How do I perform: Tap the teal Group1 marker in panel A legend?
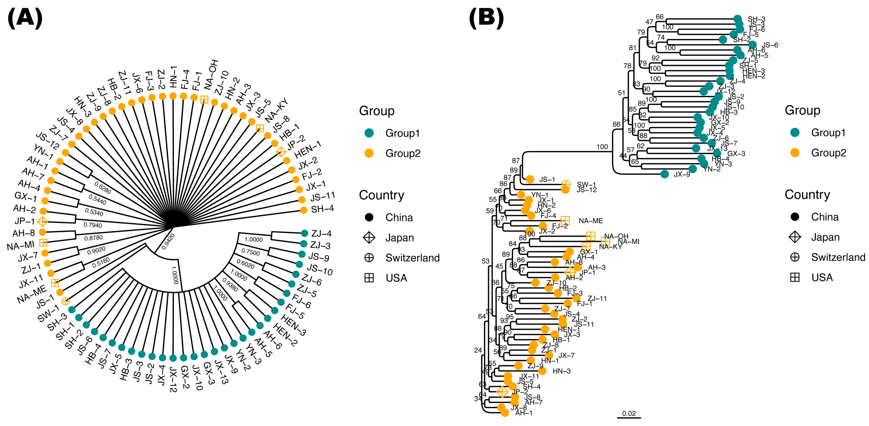[x=369, y=133]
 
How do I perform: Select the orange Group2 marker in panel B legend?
[x=795, y=153]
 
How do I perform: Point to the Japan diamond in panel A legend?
[x=369, y=238]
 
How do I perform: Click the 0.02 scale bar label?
[x=629, y=413]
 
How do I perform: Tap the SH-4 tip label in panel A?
[x=322, y=209]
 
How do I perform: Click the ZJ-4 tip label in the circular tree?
[x=321, y=233]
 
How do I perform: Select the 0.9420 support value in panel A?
[x=168, y=242]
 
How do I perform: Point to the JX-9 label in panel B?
[x=682, y=174]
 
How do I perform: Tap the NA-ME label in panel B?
[x=591, y=221]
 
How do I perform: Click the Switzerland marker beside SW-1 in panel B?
[x=566, y=184]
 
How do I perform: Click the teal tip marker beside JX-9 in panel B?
[x=665, y=174]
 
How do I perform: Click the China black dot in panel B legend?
[x=795, y=217]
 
